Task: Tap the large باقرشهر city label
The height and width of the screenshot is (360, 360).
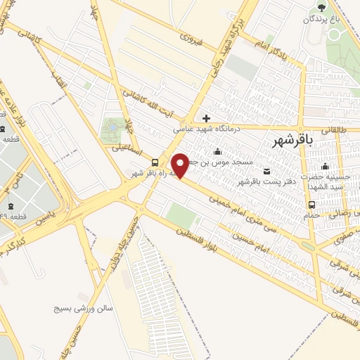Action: click(296, 139)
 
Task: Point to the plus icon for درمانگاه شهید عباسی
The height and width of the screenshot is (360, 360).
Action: click(206, 118)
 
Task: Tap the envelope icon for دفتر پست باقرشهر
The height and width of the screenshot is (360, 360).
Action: click(266, 171)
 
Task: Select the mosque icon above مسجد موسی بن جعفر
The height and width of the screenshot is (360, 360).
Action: click(217, 151)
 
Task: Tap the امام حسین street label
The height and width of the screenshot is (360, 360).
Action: click(250, 238)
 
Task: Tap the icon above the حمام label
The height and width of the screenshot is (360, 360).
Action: click(311, 205)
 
